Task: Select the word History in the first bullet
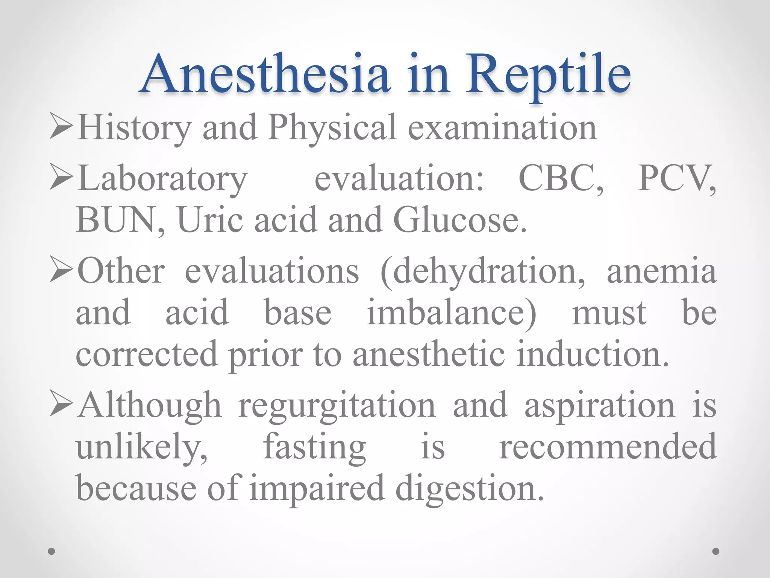[x=134, y=128]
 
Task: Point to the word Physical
[x=332, y=128]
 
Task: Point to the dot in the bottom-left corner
[x=52, y=552]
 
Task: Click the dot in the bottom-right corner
[x=716, y=552]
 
